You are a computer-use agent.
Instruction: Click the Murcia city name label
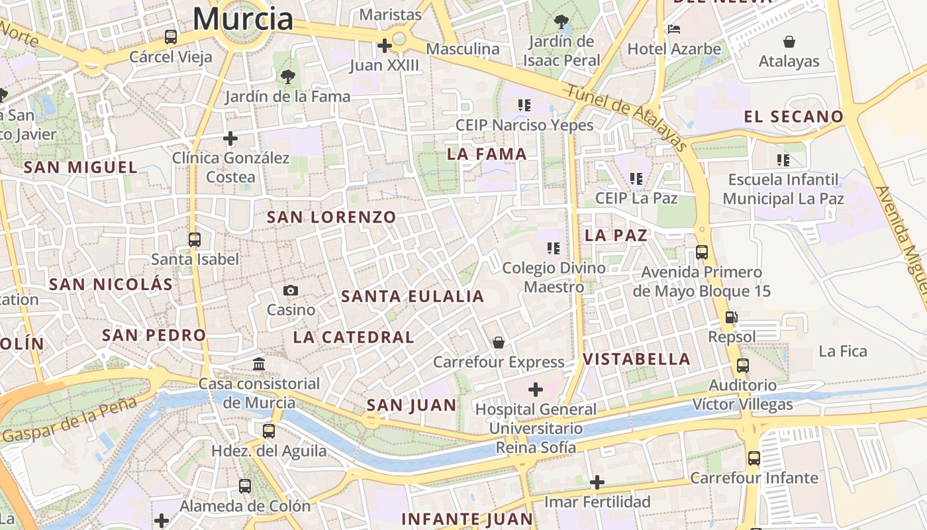point(243,19)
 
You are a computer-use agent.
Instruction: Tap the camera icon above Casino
point(291,290)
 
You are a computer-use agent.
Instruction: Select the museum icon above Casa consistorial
point(259,364)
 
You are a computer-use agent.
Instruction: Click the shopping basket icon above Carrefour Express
point(499,342)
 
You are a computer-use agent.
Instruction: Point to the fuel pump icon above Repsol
point(731,317)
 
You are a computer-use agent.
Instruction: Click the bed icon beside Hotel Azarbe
point(674,29)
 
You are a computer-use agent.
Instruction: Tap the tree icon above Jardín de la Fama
point(287,77)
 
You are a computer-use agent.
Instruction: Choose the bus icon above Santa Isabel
point(194,239)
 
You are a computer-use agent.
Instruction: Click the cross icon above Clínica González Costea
point(230,138)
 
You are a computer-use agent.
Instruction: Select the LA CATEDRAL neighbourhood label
point(354,337)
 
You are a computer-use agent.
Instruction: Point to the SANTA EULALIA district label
point(413,296)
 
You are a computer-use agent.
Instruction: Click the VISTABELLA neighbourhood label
point(636,359)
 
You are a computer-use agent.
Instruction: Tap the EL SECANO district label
point(793,117)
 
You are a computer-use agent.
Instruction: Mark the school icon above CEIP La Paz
point(636,178)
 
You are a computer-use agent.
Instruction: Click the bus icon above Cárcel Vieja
point(171,37)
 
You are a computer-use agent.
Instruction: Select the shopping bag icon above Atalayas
point(789,42)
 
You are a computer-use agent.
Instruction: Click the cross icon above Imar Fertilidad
point(597,482)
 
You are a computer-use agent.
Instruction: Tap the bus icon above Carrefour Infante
point(754,458)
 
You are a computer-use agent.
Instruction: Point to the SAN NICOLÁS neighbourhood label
point(111,285)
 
